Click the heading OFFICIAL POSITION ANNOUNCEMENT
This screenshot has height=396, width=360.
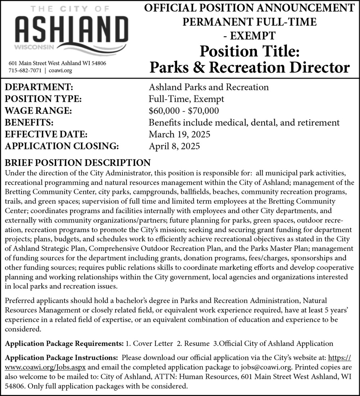pyautogui.click(x=249, y=8)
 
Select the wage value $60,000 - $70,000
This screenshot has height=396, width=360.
pyautogui.click(x=184, y=111)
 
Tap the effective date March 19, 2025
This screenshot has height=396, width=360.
pyautogui.click(x=180, y=135)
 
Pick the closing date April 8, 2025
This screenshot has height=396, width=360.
pyautogui.click(x=174, y=147)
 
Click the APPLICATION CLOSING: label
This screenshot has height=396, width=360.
pyautogui.click(x=62, y=147)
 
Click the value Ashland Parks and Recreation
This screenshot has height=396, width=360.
pyautogui.click(x=209, y=87)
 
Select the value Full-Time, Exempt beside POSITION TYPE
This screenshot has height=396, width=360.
pyautogui.click(x=186, y=99)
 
